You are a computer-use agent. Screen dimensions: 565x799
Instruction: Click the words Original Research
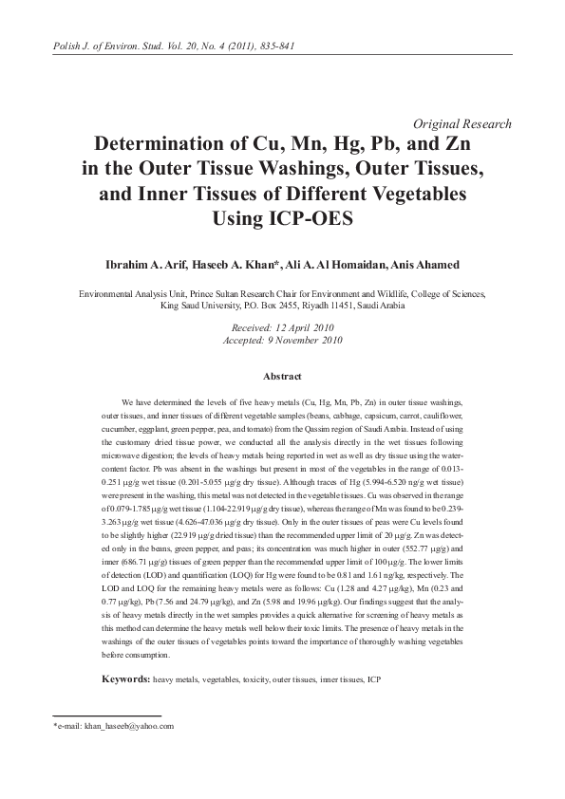462,124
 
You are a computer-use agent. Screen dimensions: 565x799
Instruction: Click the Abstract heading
281,377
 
